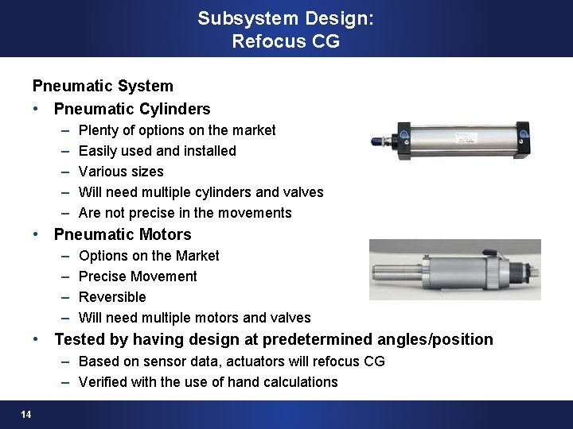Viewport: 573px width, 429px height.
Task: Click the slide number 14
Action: (27, 415)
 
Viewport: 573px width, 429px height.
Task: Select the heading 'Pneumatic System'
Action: (103, 84)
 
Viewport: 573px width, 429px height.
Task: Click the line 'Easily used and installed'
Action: (158, 151)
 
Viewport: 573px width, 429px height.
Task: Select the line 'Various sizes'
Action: (121, 172)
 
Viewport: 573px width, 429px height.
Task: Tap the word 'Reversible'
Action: (112, 297)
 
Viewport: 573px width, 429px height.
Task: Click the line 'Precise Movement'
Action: (138, 276)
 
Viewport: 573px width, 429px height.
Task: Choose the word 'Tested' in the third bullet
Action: (79, 340)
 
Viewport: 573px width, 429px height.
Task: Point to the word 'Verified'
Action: (105, 382)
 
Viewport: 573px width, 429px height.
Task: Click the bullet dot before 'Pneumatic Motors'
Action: (37, 234)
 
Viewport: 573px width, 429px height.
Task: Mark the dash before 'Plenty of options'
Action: (63, 130)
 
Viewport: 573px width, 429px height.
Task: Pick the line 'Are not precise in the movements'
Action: (185, 213)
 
